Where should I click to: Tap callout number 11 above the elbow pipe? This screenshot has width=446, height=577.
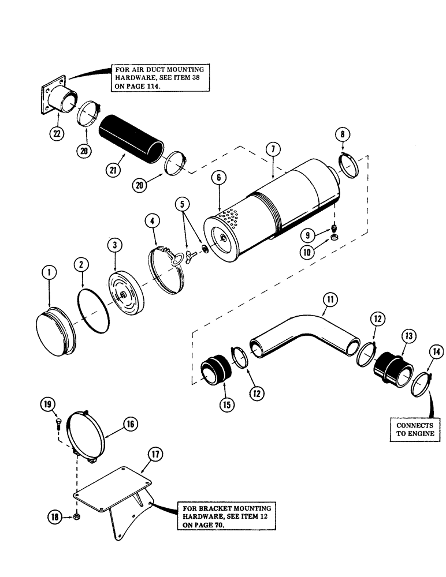coord(330,299)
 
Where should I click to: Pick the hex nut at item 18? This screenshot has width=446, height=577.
coord(76,516)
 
